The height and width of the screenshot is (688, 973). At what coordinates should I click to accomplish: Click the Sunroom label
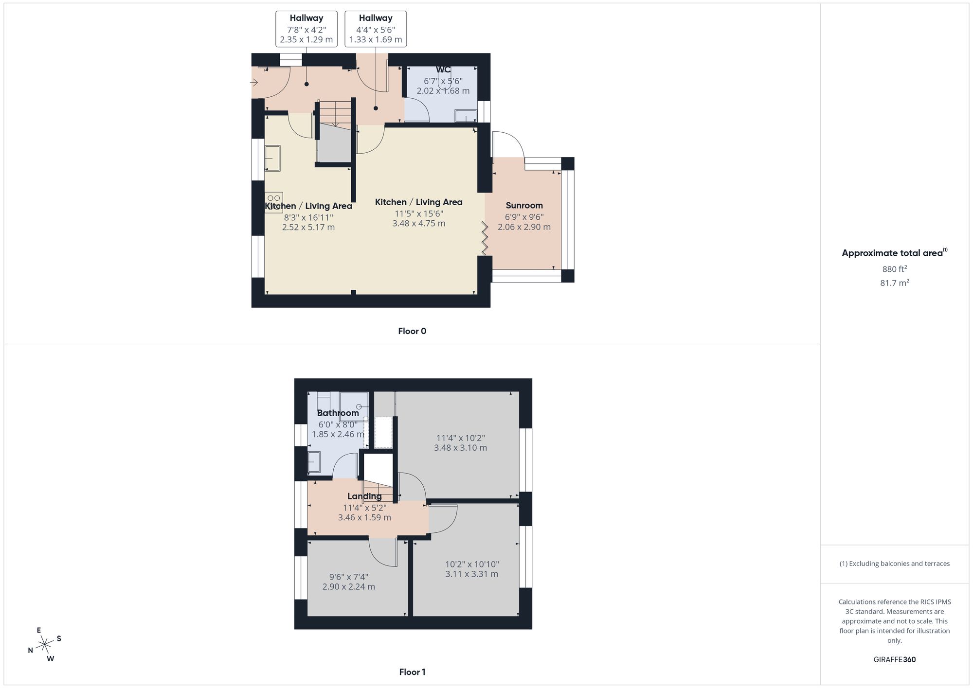[524, 206]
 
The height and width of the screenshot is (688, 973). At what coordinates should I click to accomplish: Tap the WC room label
[443, 70]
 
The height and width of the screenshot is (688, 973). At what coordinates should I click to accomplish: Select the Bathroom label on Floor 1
[338, 413]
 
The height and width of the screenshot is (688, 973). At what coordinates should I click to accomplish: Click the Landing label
[364, 496]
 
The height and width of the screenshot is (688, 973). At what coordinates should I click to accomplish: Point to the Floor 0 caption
[412, 331]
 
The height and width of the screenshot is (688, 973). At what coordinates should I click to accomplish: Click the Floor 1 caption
[412, 672]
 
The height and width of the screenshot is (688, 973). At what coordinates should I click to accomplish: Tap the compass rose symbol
[45, 645]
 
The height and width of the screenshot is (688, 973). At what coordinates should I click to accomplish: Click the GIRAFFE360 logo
[894, 660]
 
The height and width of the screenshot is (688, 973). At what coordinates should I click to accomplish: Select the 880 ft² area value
[894, 269]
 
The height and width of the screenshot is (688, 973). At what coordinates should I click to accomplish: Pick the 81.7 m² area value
[894, 282]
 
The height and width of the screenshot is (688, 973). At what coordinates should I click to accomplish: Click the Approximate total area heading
[894, 253]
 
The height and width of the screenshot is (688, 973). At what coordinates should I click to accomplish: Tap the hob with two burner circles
[274, 202]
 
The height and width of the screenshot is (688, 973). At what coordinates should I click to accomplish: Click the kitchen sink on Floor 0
[272, 159]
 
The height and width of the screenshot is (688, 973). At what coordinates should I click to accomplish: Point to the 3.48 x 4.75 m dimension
[419, 224]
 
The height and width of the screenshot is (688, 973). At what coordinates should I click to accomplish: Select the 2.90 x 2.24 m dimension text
[349, 587]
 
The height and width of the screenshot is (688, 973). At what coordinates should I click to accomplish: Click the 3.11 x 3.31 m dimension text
[472, 574]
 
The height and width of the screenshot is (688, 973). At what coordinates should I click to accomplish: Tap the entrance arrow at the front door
[254, 83]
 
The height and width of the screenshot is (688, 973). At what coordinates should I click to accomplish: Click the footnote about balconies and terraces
[894, 564]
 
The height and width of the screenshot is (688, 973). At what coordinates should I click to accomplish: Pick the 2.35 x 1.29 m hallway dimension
[306, 40]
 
